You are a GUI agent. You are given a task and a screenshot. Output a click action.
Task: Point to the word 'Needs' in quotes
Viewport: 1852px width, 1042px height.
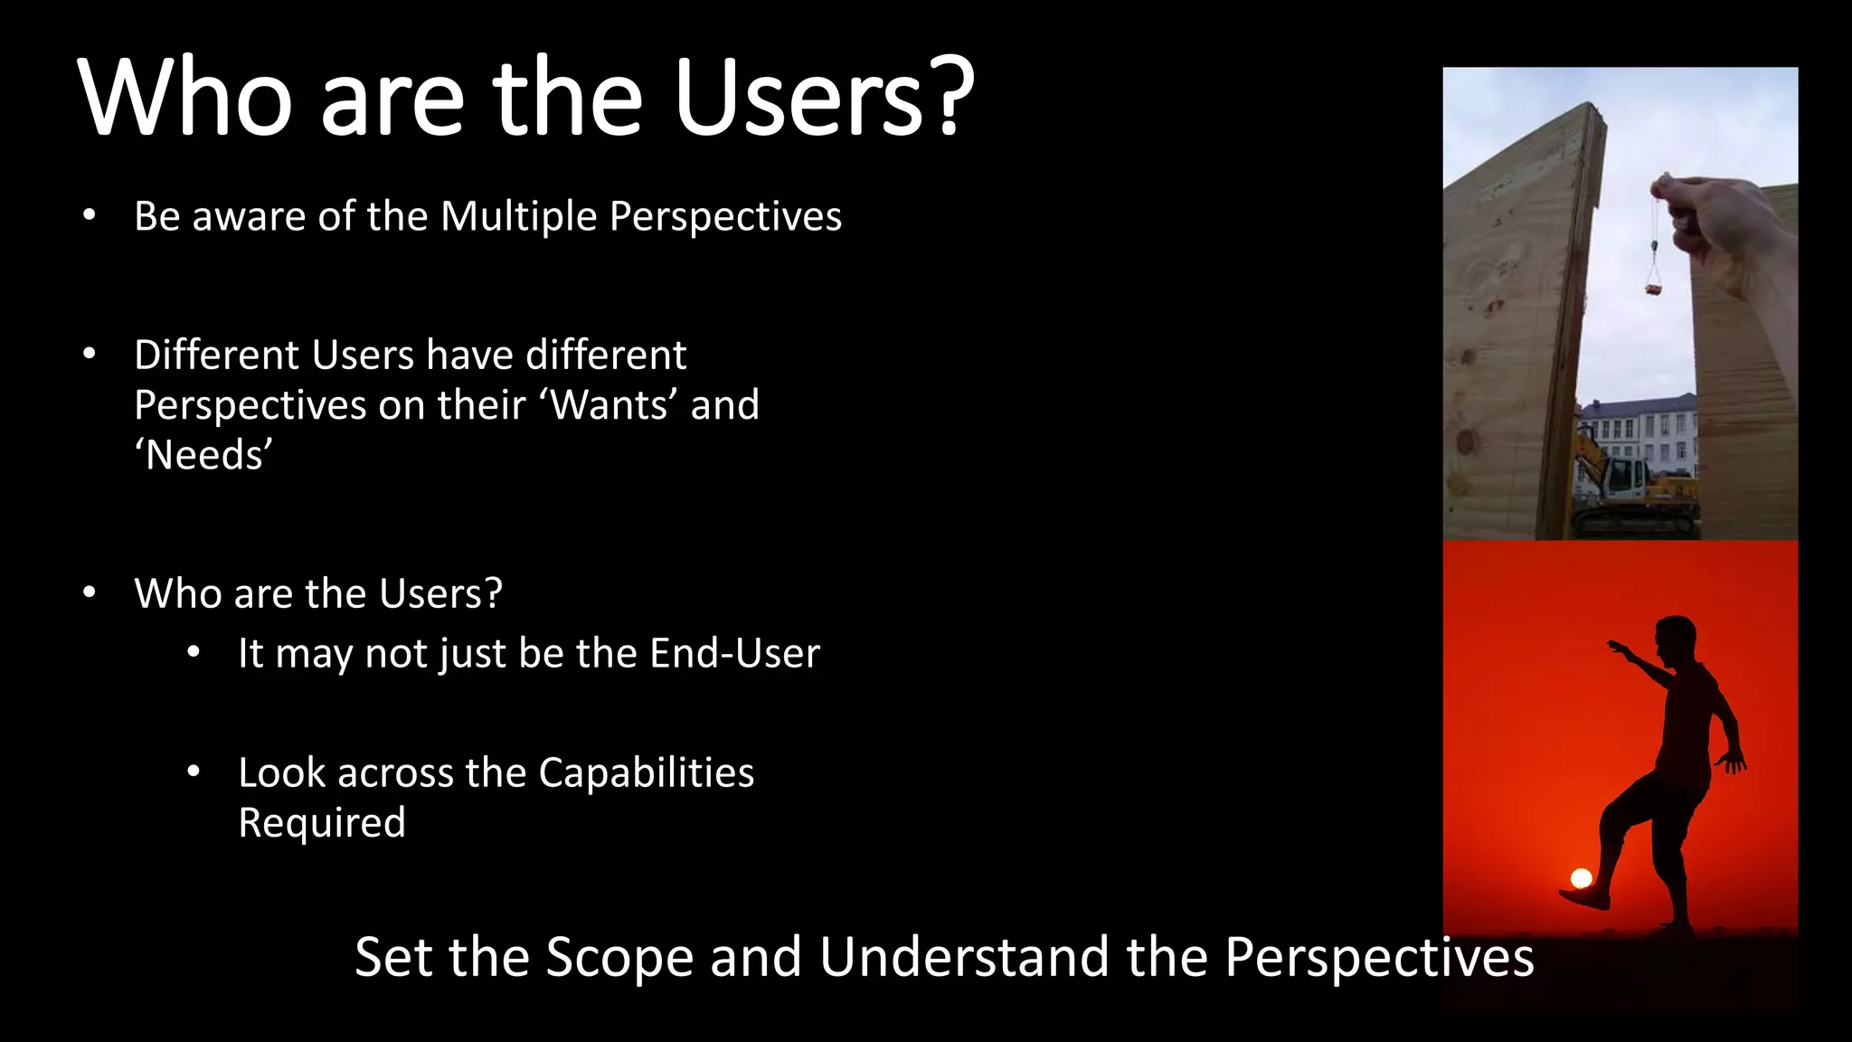click(203, 455)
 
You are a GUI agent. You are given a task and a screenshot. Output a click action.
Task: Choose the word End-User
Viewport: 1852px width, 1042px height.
click(734, 653)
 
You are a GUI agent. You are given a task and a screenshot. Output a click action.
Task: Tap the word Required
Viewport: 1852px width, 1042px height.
click(321, 823)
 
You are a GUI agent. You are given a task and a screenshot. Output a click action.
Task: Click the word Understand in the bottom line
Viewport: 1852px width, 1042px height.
click(964, 957)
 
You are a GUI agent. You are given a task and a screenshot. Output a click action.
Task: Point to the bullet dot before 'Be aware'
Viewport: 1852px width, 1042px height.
click(89, 216)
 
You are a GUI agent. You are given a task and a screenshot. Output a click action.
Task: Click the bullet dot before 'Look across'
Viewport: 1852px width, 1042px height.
click(193, 772)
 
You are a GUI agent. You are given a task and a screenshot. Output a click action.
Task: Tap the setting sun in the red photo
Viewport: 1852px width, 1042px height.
click(1581, 877)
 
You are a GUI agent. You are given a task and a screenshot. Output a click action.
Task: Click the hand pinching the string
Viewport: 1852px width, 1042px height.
click(1700, 208)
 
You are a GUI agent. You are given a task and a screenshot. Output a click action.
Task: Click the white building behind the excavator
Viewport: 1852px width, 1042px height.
click(1637, 430)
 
